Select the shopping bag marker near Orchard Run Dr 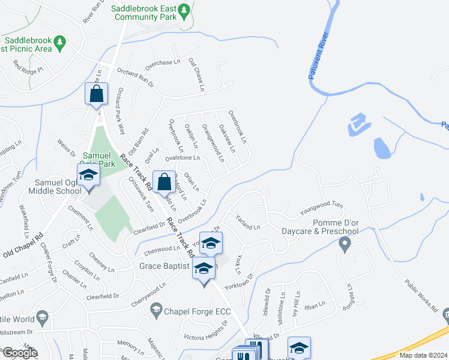(96, 94)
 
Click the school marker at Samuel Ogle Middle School (88, 176)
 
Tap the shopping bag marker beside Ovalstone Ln (164, 182)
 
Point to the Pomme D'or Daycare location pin (345, 244)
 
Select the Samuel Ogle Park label (98, 159)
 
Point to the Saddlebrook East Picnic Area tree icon (59, 42)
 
